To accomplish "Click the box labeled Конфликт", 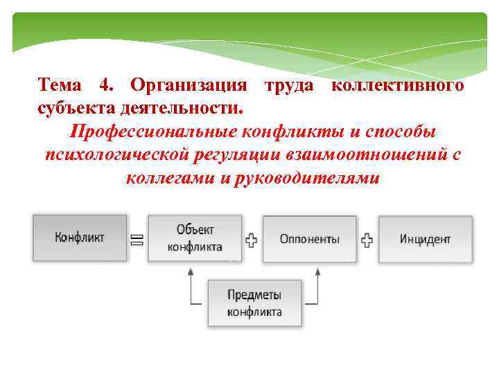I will pyautogui.click(x=80, y=238).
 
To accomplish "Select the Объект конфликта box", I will pyautogui.click(x=195, y=238).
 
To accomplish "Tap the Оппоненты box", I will pyautogui.click(x=309, y=239).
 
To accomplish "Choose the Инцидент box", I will pyautogui.click(x=425, y=239).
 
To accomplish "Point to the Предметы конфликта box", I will pyautogui.click(x=254, y=303).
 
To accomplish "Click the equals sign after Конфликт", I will pyautogui.click(x=137, y=240).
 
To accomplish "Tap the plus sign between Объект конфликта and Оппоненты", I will pyautogui.click(x=252, y=240).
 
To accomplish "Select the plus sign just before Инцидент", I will pyautogui.click(x=367, y=240).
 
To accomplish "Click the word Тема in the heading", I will pyautogui.click(x=60, y=85).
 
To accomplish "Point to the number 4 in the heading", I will pyautogui.click(x=106, y=85).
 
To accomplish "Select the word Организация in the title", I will pyautogui.click(x=189, y=85).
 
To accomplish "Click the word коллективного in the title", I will pyautogui.click(x=398, y=85).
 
